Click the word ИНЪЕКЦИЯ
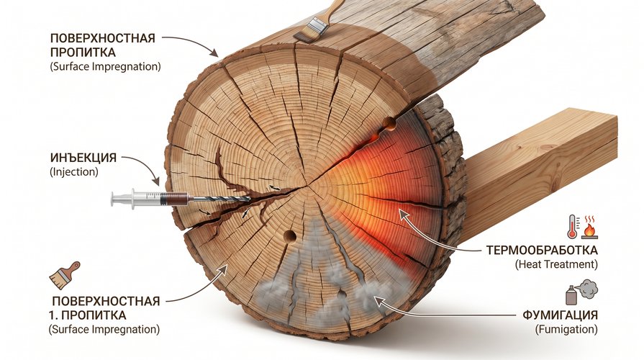83,158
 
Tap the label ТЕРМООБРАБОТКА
542,251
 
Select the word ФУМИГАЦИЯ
561,315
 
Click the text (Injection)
74,172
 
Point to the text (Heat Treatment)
556,264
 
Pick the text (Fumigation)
566,329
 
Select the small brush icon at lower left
65,275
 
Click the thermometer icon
572,226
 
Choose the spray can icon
571,295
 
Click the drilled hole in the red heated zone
389,122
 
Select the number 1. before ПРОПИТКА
52,315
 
